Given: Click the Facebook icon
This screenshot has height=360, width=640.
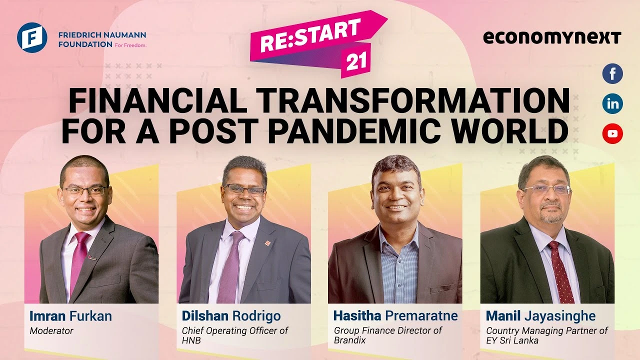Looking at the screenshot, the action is [612, 73].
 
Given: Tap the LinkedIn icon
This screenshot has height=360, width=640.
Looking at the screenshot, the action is [612, 103].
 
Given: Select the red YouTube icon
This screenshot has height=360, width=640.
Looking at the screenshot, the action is [612, 133].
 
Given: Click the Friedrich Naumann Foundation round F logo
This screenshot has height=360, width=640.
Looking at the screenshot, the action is [32, 37].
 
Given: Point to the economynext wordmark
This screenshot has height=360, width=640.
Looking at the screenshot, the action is [552, 37].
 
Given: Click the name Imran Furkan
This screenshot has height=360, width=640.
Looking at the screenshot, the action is [70, 316].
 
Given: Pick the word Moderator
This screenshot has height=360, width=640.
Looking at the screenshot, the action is [51, 331].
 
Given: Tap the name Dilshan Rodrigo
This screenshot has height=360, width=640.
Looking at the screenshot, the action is [231, 316].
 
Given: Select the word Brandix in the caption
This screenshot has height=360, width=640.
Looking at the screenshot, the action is [349, 340].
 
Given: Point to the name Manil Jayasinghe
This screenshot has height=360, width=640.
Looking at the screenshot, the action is [540, 316].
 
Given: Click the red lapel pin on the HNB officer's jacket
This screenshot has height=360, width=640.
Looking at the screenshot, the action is [267, 243].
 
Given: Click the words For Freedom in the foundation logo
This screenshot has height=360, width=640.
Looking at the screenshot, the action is [130, 45].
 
